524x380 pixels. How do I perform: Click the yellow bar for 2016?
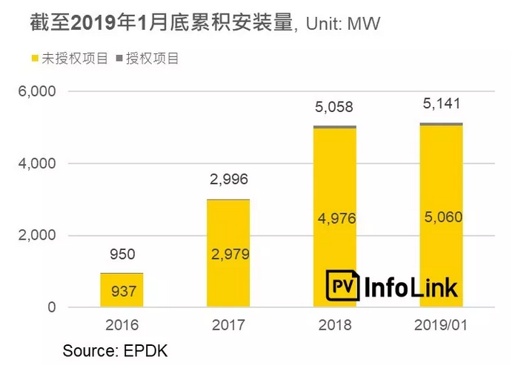122,290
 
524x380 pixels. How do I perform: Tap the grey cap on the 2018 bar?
334,127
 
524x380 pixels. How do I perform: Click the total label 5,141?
442,103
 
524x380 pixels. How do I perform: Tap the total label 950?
122,254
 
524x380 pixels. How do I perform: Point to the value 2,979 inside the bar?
228,255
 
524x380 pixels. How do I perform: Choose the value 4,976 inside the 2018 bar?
335,218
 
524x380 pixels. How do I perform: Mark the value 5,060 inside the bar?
442,218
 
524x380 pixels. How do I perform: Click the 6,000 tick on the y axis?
36,91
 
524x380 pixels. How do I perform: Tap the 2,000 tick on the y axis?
36,235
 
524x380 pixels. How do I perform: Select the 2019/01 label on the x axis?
441,326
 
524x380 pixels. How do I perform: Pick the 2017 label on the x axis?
228,326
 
